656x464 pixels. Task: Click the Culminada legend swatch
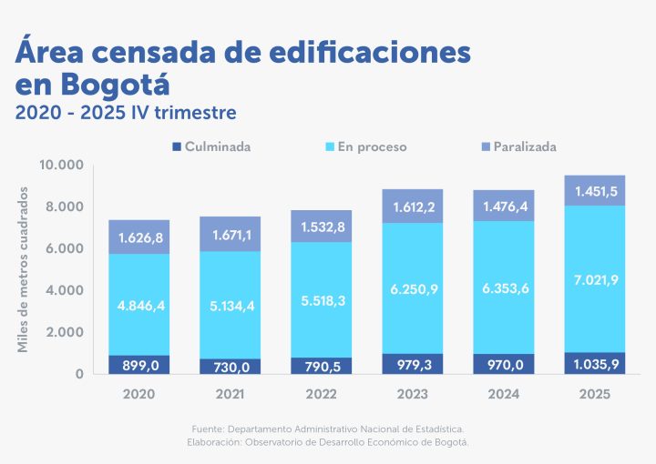(x=176, y=146)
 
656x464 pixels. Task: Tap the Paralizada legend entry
(x=524, y=146)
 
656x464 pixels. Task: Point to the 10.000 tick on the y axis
(x=62, y=165)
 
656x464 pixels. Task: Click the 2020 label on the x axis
(x=138, y=395)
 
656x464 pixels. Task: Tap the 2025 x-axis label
(x=594, y=395)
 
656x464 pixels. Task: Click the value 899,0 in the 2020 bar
(x=138, y=364)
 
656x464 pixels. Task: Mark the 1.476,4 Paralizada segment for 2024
(x=503, y=207)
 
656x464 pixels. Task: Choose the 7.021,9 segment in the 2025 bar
(x=594, y=279)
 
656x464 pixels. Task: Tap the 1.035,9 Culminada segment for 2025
(x=594, y=363)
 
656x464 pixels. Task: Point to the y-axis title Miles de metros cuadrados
(x=24, y=269)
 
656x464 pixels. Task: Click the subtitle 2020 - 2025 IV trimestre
(x=127, y=113)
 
